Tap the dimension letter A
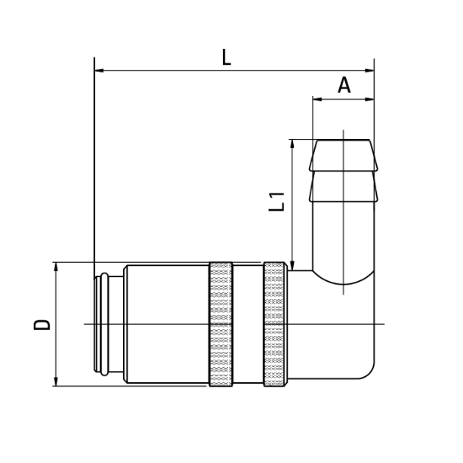pos(343,85)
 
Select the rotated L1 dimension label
pos(277,202)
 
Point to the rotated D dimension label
pos(42,324)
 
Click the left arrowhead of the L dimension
pos(99,71)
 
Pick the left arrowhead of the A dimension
pos(317,99)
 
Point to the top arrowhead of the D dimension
pos(56,267)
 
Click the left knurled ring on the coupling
pos(221,324)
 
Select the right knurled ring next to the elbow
pos(274,324)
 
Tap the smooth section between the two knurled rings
pos(247,324)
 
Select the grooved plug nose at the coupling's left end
pos(101,324)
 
